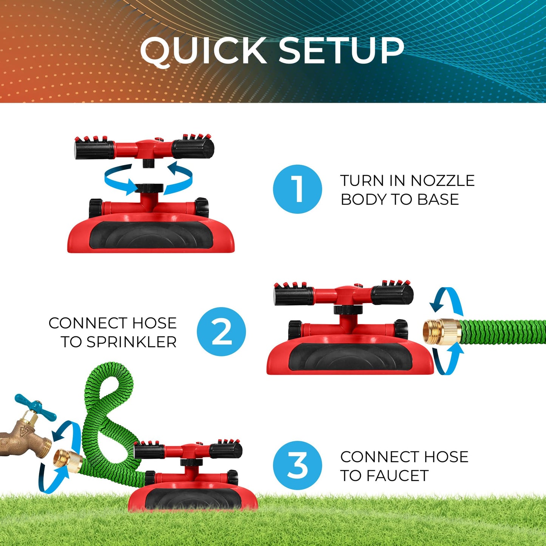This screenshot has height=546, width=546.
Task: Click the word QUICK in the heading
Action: coord(204,51)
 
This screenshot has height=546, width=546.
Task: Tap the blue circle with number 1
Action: coord(297,189)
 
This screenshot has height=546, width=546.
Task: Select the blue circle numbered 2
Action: coord(221,332)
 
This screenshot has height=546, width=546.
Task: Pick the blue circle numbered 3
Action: coord(297,466)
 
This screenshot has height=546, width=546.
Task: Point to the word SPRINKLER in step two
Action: coord(131,342)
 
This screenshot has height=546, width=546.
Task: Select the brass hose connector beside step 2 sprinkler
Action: coord(441,331)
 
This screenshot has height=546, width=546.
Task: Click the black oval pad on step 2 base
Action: coord(350,357)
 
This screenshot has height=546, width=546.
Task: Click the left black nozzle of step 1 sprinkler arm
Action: coord(94,149)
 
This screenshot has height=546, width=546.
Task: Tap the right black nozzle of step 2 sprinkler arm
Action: coord(392,295)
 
